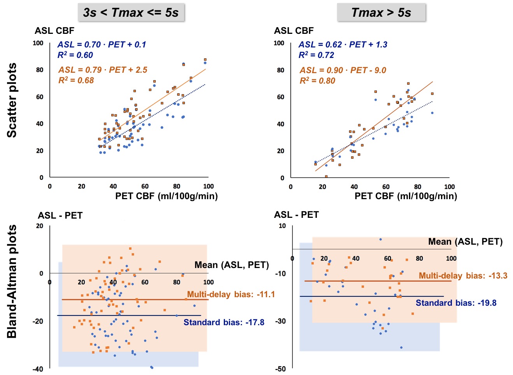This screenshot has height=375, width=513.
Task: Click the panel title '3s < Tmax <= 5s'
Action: tap(131, 13)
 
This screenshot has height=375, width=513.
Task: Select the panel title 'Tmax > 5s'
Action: tap(381, 13)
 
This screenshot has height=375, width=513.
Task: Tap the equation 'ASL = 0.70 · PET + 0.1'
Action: tap(102, 45)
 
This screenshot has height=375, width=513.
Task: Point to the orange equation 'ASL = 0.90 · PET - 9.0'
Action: tap(343, 70)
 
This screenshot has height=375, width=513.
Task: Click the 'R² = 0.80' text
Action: tap(317, 81)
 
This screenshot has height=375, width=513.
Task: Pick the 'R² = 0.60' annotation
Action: tap(75, 55)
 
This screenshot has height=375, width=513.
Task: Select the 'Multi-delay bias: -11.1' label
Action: tap(231, 294)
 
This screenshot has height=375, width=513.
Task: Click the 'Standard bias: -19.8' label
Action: tap(456, 303)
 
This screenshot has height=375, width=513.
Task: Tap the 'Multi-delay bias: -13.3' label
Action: tap(463, 276)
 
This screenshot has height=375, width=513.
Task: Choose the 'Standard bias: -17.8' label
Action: tap(224, 322)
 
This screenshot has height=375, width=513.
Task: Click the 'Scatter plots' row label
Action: tap(12, 100)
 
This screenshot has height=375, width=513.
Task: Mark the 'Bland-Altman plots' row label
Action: tap(12, 281)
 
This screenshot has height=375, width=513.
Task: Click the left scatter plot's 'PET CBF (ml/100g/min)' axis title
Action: tap(166, 196)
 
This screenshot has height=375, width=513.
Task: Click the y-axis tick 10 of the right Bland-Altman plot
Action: tap(282, 226)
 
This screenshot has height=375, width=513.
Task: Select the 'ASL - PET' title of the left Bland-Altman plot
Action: tap(60, 216)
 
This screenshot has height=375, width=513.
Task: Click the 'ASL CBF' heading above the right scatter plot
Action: tap(293, 31)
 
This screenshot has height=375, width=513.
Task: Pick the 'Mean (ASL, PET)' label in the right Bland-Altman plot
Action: tap(465, 242)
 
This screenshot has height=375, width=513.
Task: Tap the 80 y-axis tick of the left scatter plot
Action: tap(40, 70)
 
